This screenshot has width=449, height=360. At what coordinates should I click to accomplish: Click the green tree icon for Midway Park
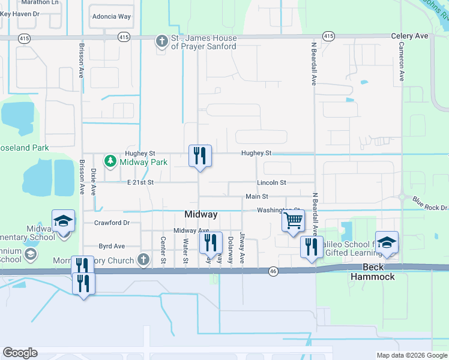(110, 161)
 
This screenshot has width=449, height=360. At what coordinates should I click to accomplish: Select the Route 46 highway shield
(273, 271)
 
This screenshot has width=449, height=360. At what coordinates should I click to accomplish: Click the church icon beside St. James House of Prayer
(161, 41)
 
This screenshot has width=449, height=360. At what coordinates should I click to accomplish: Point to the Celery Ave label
(409, 36)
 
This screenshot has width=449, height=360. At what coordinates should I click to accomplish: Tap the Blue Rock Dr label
(430, 203)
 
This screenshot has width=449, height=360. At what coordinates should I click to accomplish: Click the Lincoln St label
(271, 182)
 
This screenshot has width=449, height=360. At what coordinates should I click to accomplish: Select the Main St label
(256, 197)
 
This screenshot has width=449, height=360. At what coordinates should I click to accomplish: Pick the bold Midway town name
(200, 215)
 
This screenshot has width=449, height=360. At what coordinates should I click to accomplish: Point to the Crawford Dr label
(112, 223)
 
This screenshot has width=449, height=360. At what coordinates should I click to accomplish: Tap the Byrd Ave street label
(112, 246)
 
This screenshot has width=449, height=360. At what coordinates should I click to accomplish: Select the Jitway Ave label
(243, 248)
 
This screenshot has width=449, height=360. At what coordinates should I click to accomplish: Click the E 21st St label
(140, 182)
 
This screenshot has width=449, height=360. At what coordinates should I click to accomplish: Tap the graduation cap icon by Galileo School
(387, 242)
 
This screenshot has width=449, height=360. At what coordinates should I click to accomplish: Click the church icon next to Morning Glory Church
(143, 260)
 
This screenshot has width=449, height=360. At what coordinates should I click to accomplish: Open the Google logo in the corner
(20, 353)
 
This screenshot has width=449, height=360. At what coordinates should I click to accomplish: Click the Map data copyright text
(411, 355)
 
